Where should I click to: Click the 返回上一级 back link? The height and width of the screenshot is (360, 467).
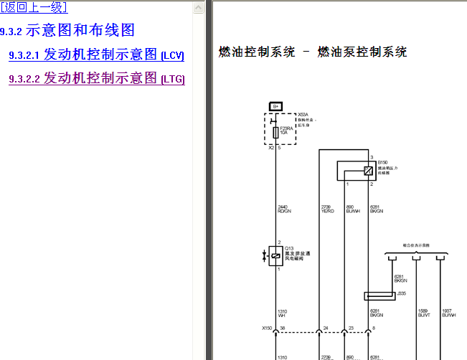pos(34,8)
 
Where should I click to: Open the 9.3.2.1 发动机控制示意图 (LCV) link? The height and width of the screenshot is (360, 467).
pos(96,55)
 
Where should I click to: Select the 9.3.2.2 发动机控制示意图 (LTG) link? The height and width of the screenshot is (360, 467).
pos(97,78)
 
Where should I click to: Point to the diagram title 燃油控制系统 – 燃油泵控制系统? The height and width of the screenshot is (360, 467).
pos(313,52)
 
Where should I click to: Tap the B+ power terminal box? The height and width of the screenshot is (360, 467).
pos(275,106)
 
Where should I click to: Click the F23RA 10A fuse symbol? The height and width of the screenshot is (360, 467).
pos(275,131)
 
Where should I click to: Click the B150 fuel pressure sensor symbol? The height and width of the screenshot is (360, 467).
pos(367,170)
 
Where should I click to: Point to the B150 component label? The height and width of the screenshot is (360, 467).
pos(382,163)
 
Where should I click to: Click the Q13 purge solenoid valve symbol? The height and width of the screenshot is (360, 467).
pos(275,255)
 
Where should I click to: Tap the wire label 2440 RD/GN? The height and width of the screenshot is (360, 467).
pos(284,209)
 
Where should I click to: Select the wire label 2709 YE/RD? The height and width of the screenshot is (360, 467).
pos(327,209)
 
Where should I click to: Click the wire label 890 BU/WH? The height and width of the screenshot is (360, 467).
pos(352,209)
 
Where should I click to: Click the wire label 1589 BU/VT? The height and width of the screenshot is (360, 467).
pos(424,313)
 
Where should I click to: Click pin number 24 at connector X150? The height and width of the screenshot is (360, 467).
pos(326,328)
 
